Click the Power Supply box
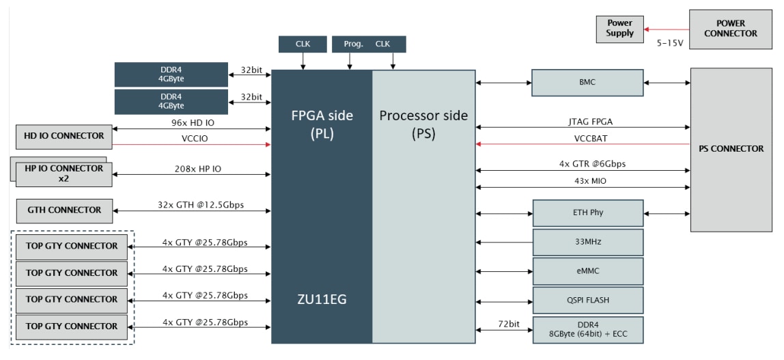620,29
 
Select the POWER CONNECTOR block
731,29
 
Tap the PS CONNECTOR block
732,149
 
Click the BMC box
587,83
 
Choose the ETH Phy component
587,213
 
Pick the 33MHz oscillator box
587,242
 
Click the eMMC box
587,271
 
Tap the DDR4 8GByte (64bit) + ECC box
587,329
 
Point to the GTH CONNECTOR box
65,210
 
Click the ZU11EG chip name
321,299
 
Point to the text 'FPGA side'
322,115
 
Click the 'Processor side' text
423,115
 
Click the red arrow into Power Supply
666,29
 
